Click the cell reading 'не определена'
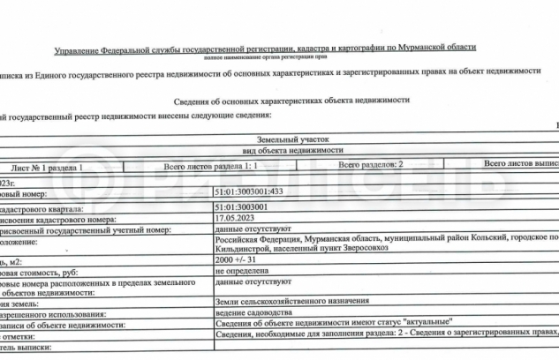coord(240,273)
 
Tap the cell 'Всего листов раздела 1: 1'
coord(211,165)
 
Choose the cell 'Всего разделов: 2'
coord(371,165)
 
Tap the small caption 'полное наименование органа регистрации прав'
coord(266,55)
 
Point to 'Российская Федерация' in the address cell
coord(257,237)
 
